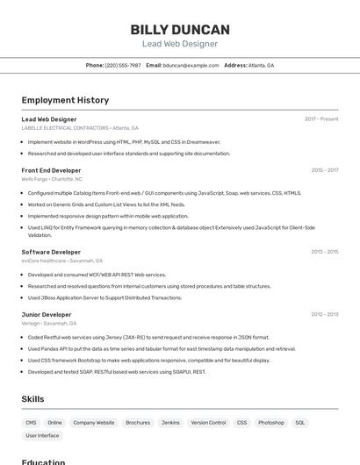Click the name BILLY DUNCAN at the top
[x=180, y=29]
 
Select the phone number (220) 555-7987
[x=123, y=65]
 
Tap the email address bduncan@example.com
[x=191, y=65]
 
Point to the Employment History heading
[x=65, y=100]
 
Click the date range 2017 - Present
[x=321, y=119]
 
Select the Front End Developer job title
[x=51, y=170]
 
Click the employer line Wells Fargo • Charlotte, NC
[x=52, y=179]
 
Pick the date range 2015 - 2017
[x=324, y=170]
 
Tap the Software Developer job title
[x=51, y=252]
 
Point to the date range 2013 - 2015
[x=324, y=252]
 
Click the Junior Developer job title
[x=47, y=314]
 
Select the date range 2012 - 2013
[x=324, y=314]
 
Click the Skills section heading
[x=32, y=399]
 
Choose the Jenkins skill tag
[x=170, y=422]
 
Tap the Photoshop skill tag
[x=270, y=422]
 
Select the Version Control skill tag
[x=208, y=422]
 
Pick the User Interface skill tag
[x=42, y=435]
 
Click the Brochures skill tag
[x=138, y=422]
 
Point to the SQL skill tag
[x=300, y=422]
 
